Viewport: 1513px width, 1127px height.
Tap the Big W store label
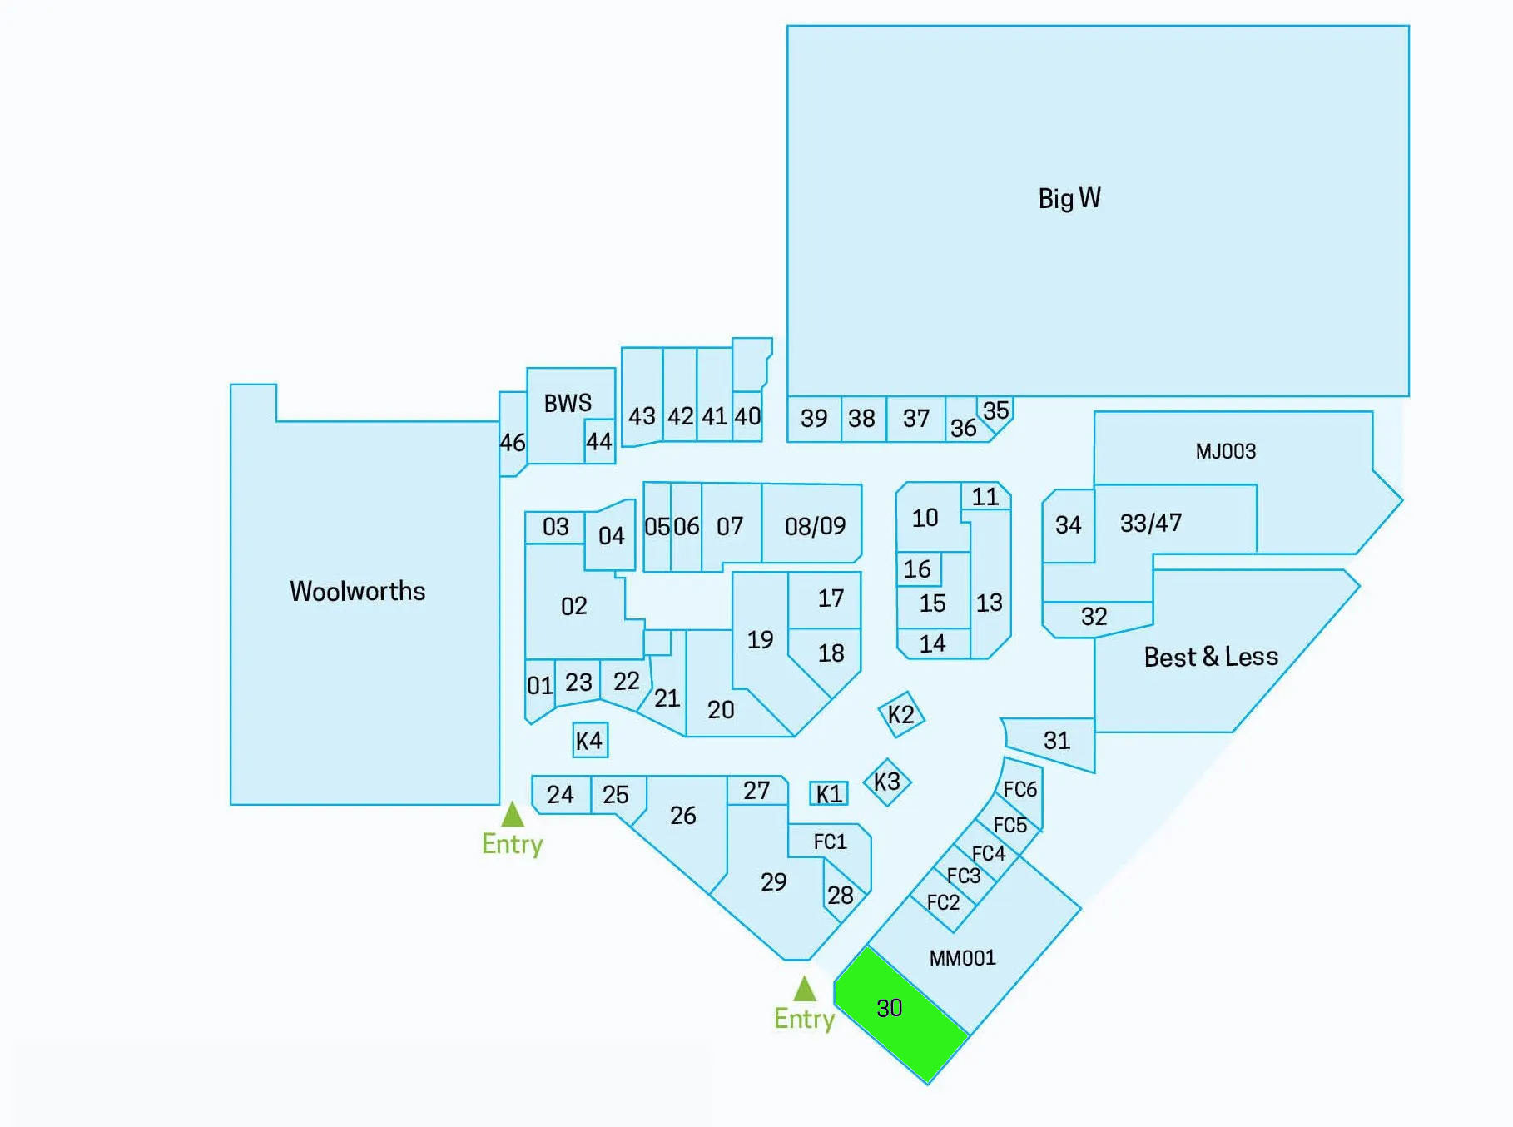click(1069, 198)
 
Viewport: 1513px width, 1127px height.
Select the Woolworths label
click(357, 591)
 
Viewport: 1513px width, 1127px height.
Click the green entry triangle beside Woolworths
click(513, 814)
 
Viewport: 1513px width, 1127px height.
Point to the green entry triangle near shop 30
click(805, 989)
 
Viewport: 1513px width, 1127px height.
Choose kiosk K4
click(590, 740)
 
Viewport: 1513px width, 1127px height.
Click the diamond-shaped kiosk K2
click(901, 714)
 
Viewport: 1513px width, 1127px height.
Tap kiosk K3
click(887, 782)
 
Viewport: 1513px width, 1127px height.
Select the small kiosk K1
click(829, 793)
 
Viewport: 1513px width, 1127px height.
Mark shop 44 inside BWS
click(599, 441)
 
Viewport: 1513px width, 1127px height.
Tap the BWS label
click(568, 404)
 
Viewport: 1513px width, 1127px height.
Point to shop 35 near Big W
click(996, 412)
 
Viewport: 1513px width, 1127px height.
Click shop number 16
click(918, 569)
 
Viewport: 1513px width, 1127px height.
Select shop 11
click(986, 497)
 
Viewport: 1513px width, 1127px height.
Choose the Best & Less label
click(1211, 657)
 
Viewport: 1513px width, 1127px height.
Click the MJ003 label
click(1226, 451)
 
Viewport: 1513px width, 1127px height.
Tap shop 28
click(842, 893)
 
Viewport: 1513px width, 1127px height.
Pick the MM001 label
click(963, 958)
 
